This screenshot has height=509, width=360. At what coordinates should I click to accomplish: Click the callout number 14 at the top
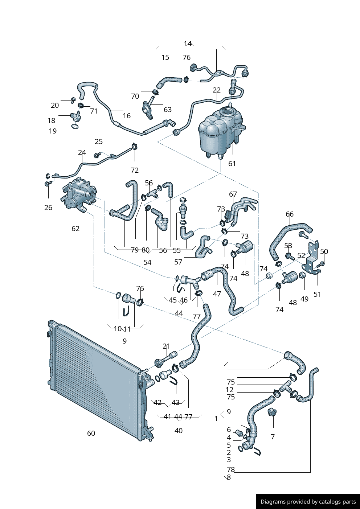tap(188, 44)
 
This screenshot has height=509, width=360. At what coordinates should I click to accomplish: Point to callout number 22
tap(217, 90)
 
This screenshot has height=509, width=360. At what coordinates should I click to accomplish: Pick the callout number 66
tap(290, 214)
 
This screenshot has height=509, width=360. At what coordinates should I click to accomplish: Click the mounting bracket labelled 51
tap(312, 258)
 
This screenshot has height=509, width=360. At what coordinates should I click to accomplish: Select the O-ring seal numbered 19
tap(75, 127)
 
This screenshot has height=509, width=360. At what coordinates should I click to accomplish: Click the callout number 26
tap(48, 208)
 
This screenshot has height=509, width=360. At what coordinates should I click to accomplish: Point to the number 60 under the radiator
tap(91, 433)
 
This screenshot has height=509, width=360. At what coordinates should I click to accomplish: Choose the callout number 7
tap(273, 437)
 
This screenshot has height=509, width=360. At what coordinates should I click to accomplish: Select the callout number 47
tap(217, 294)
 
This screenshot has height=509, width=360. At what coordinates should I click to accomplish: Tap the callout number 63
tap(168, 110)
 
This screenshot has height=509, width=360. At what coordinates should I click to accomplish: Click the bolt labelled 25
tap(97, 155)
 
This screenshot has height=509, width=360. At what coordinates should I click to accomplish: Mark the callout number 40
tap(179, 431)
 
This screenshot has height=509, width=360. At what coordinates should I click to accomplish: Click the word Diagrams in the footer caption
tap(273, 502)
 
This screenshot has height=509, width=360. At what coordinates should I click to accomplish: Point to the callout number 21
tap(166, 346)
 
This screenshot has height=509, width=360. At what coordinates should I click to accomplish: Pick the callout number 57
tap(178, 262)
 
